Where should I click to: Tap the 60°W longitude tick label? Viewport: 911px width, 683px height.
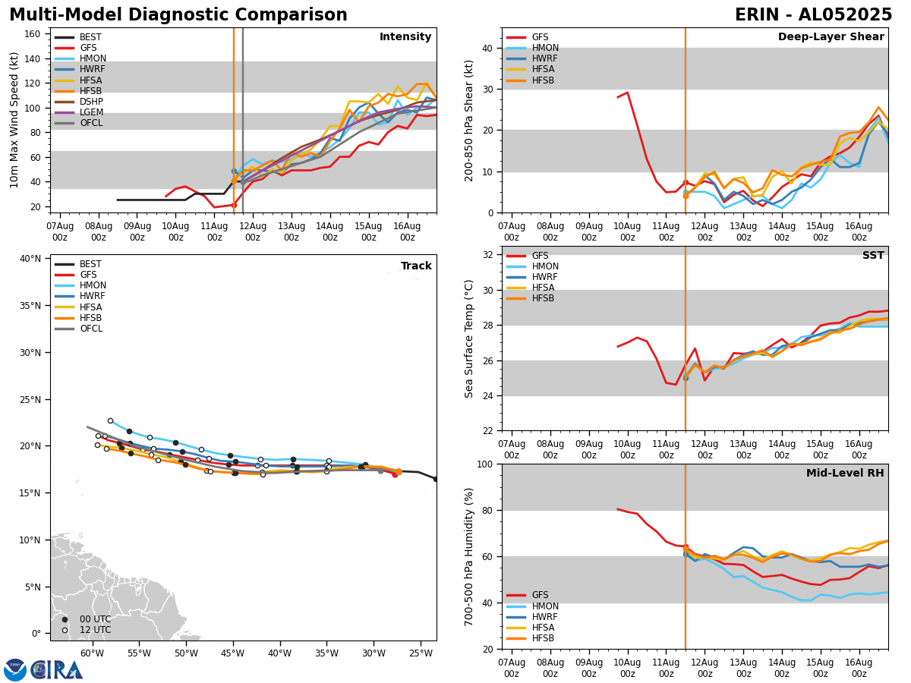92,653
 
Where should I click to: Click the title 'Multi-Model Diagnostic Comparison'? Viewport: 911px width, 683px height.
178,15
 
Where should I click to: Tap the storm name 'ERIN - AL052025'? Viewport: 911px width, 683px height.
813,15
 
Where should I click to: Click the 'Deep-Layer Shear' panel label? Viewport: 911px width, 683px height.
831,37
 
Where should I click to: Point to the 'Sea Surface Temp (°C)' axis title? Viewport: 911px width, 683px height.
469,338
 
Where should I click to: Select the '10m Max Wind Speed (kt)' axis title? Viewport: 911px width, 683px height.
14,120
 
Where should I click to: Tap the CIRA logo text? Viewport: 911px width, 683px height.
57,669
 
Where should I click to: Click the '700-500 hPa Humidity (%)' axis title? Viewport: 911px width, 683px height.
469,556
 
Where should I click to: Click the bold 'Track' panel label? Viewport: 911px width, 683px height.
416,266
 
